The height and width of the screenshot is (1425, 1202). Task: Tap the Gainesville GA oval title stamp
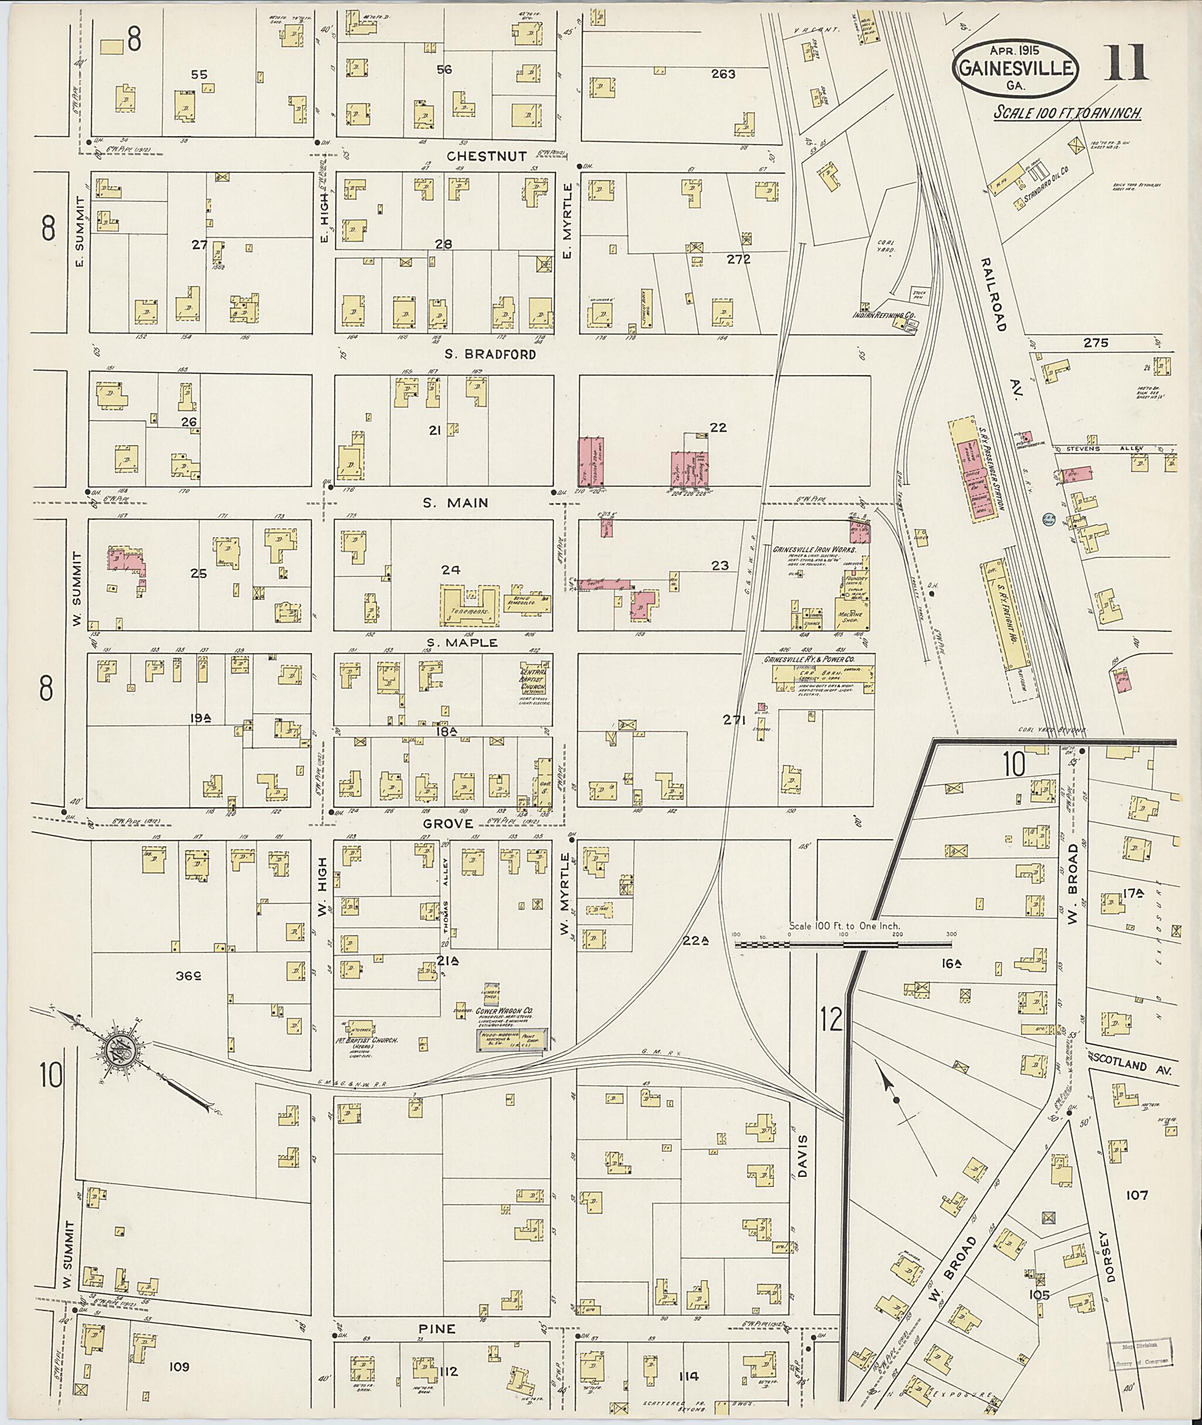[x=1015, y=67]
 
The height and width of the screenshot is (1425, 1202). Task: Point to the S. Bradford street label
[x=490, y=354]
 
